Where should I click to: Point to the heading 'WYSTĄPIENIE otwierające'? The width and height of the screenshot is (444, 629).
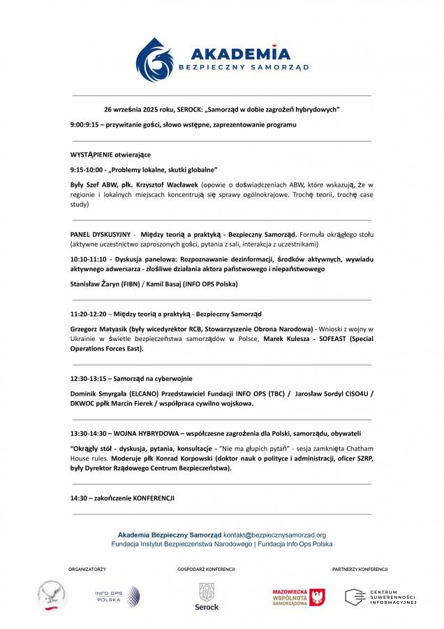[x=110, y=154]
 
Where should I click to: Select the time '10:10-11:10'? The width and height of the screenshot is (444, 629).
[x=87, y=259]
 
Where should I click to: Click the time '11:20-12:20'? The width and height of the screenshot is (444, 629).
[x=87, y=314]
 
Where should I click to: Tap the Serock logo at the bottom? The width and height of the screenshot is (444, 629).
[x=207, y=596]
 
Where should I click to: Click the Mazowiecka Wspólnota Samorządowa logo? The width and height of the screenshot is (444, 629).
[x=298, y=596]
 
